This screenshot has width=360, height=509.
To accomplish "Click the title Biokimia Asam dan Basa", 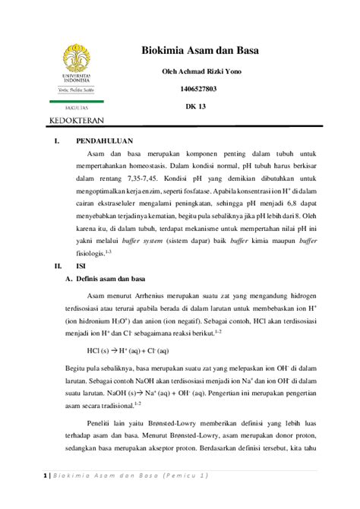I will (201, 51).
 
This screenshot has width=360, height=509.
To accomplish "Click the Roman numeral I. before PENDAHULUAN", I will (55, 141).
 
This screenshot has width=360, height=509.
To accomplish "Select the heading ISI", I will (83, 267).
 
